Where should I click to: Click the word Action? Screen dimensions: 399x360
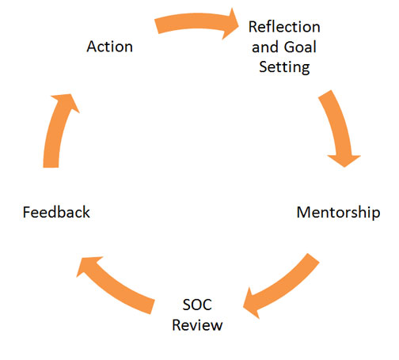tap(109, 47)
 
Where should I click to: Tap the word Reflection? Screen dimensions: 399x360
tap(284, 27)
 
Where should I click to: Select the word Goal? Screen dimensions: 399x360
tap(300, 47)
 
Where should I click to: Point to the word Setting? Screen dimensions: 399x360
tap(284, 67)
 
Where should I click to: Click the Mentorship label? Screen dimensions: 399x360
tap(338, 213)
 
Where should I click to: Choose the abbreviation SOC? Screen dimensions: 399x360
tap(197, 305)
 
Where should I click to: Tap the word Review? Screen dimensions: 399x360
tap(197, 325)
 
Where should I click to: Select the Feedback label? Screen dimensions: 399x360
tap(56, 212)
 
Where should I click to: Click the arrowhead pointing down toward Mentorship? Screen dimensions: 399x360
tap(344, 160)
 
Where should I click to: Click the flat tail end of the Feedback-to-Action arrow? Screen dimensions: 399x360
tap(51, 167)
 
